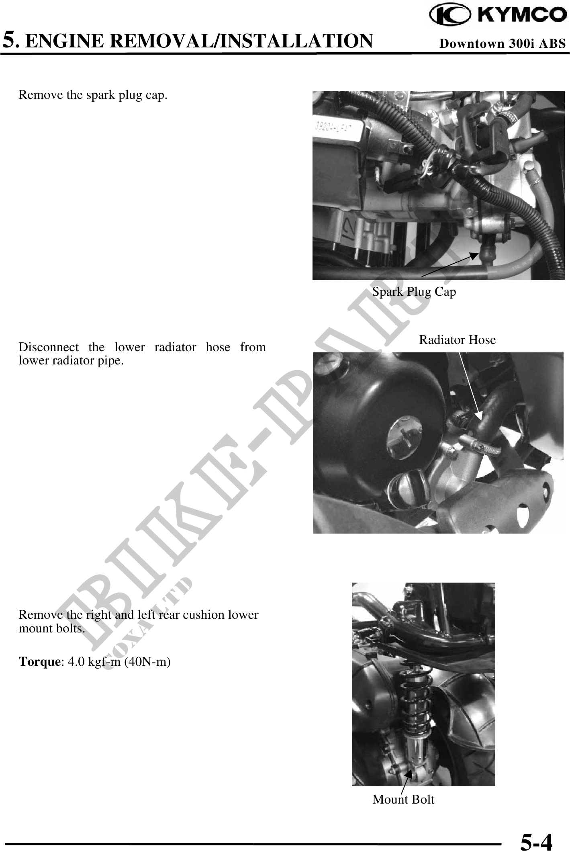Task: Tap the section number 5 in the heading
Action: tap(10, 41)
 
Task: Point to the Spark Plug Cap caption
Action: tap(414, 291)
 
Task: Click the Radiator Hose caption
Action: tap(457, 340)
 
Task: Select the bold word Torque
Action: tap(39, 662)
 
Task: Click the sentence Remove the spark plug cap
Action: tap(93, 95)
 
